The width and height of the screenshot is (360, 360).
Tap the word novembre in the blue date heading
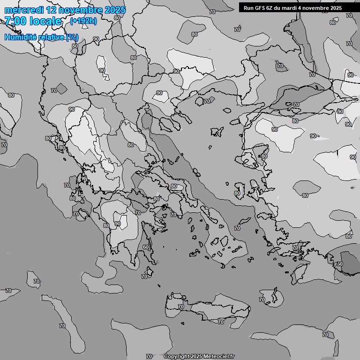[79, 10]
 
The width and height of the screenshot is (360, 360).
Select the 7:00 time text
[14, 21]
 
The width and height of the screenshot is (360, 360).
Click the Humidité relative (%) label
[41, 37]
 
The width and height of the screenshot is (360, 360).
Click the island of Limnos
[217, 132]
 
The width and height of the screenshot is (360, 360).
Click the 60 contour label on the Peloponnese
[146, 247]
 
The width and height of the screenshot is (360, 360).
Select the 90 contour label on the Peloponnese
[118, 224]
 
